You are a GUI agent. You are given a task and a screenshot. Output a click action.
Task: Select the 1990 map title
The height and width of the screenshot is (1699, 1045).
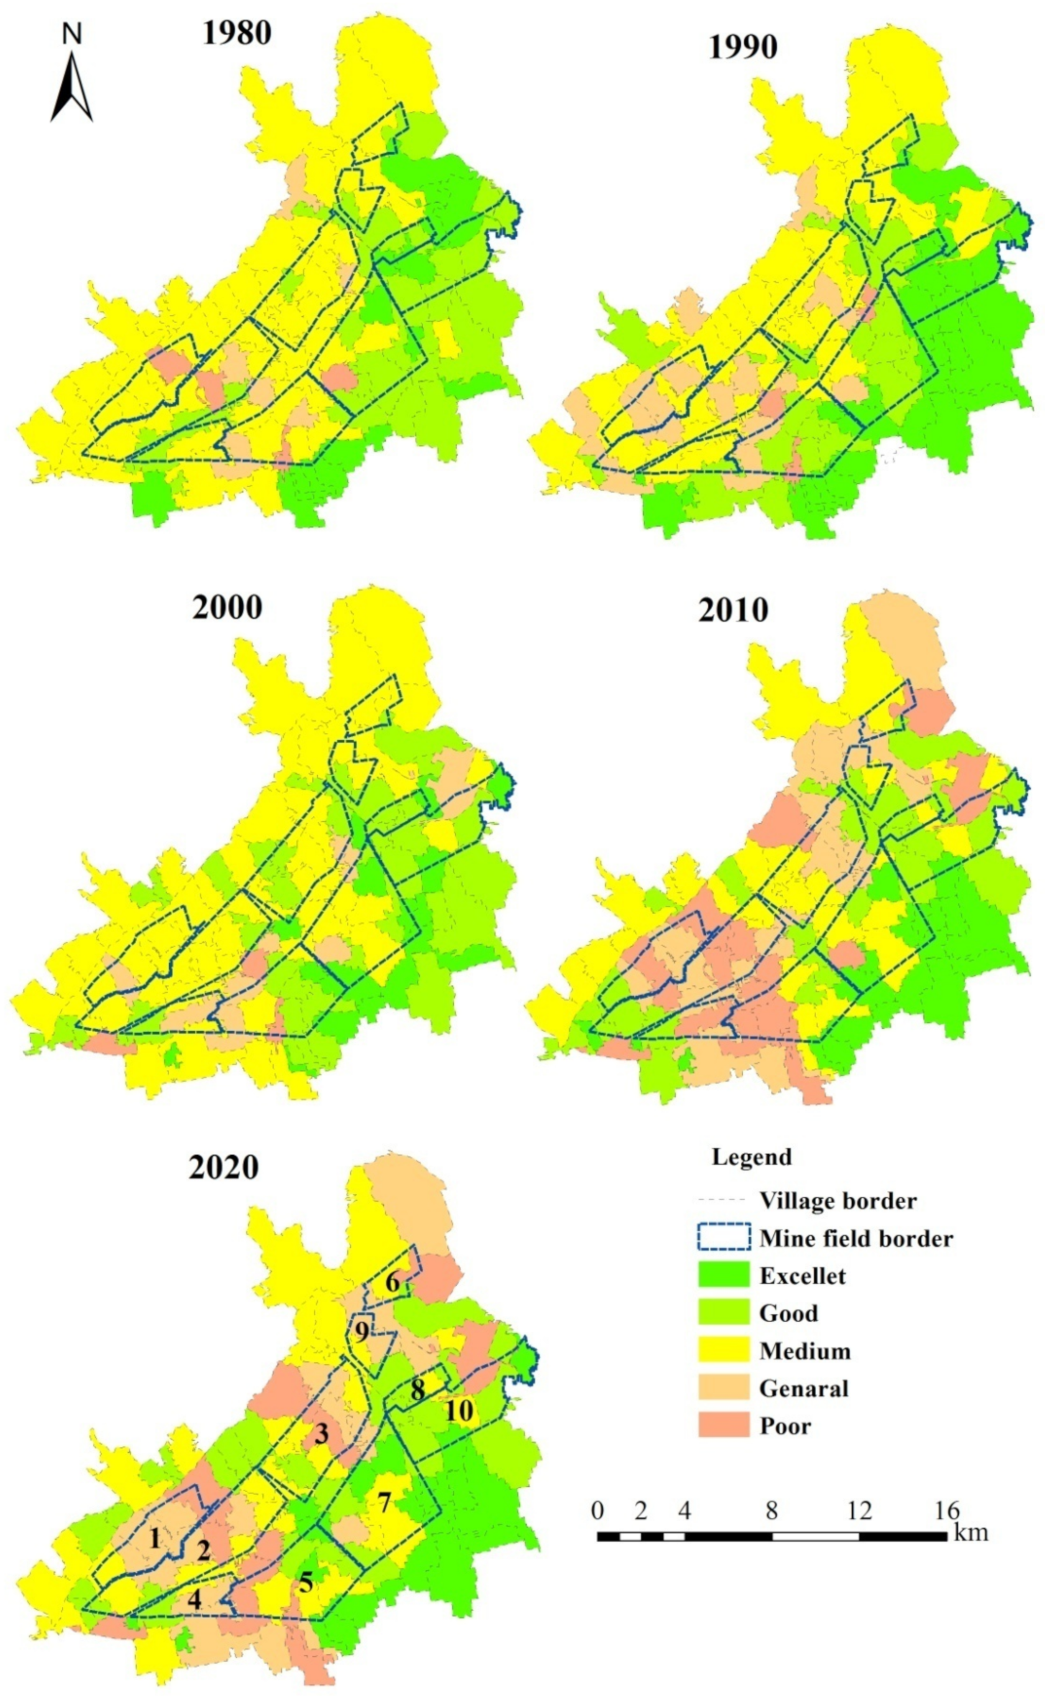coord(742,47)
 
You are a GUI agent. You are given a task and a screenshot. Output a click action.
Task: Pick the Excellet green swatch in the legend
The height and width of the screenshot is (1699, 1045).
coord(724,1276)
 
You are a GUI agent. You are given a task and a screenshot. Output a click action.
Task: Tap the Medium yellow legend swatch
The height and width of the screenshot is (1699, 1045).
coord(724,1351)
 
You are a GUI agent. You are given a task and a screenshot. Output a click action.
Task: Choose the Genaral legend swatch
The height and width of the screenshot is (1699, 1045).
coord(724,1388)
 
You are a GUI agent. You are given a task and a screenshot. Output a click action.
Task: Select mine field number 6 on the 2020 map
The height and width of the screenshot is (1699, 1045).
coord(393,1283)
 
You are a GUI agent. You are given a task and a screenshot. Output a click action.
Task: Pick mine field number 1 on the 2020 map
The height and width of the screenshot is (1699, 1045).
coord(154,1539)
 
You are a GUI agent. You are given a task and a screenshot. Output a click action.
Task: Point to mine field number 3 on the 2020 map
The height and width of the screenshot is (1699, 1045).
coord(321,1434)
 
